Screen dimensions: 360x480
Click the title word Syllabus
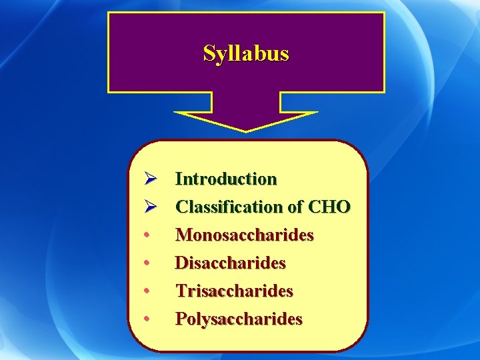[x=246, y=53]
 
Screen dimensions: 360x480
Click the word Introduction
[x=225, y=179]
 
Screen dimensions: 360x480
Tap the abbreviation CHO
[x=329, y=207]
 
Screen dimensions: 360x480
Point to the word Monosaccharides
[x=244, y=235]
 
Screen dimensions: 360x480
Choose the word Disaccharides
[x=230, y=263]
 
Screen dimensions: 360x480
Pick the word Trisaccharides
[x=234, y=291]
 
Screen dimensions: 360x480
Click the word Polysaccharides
[x=238, y=319]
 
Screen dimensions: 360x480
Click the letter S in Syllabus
[x=209, y=53]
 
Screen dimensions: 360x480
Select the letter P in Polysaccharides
[x=181, y=319]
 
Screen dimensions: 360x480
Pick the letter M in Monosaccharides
[x=183, y=235]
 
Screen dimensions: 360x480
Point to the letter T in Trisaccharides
[x=181, y=291]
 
